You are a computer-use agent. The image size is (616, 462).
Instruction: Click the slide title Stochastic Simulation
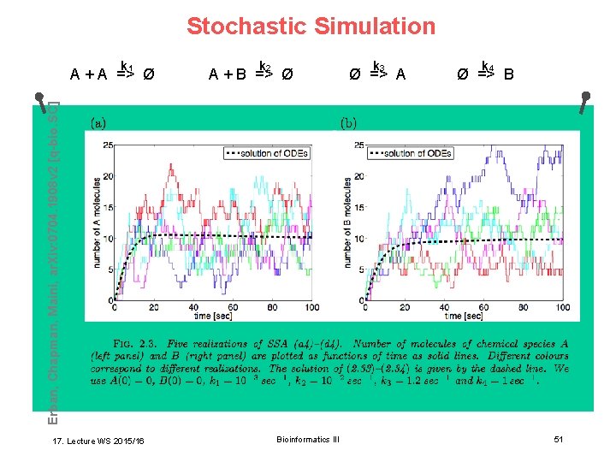311,27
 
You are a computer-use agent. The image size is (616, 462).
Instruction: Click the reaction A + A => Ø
112,72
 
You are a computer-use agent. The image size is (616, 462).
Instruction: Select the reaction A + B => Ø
252,72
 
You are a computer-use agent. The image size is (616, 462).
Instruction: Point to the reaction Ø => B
485,72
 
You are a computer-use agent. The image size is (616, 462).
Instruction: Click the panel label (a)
100,122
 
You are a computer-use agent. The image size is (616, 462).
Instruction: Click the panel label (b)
350,122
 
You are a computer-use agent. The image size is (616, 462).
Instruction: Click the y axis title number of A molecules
98,222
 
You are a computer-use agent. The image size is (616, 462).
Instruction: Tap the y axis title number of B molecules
347,222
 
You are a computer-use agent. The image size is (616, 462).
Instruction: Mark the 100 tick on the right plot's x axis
562,307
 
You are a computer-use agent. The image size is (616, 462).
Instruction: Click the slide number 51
558,439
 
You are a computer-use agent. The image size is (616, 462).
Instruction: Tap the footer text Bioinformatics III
308,439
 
